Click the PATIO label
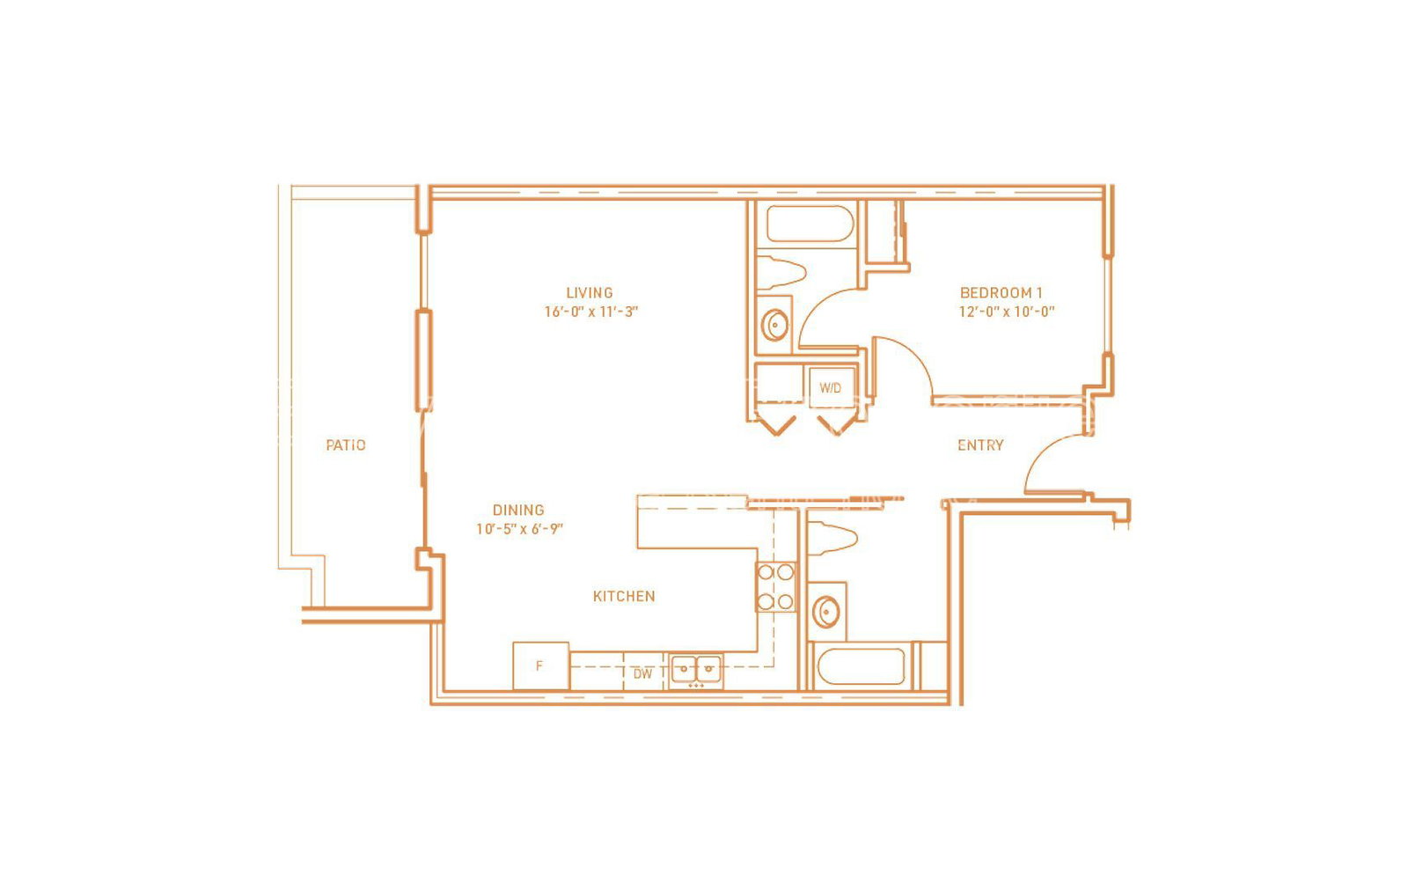tap(346, 445)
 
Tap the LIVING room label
tap(590, 293)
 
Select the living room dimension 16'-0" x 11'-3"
tap(590, 312)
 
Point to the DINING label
tap(518, 510)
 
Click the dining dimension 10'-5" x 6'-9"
tap(519, 529)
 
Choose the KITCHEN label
tap(624, 596)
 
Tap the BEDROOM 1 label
tap(1001, 293)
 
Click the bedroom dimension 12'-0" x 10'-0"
tap(1007, 312)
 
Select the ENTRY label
tap(980, 445)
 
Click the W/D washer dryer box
tap(831, 388)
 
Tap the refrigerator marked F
tap(541, 665)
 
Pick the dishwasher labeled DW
tap(643, 673)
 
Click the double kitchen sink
tap(696, 670)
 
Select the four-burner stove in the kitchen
tap(775, 586)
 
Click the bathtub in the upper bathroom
tap(810, 224)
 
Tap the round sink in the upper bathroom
tap(774, 325)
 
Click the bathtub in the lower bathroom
tap(861, 666)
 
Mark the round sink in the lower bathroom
tap(826, 611)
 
